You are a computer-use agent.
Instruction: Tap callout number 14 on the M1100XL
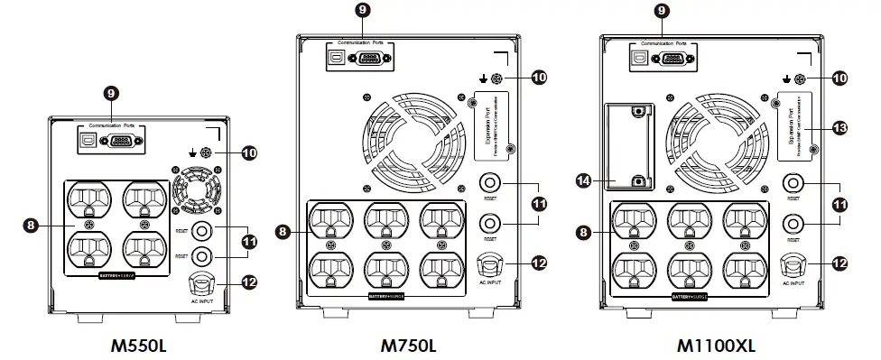582,180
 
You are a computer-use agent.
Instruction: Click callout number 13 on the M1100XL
839,129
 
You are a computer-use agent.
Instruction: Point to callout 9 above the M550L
110,93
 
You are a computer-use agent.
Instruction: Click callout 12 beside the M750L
538,263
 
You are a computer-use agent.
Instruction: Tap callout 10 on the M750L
538,78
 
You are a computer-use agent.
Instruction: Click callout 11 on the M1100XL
839,206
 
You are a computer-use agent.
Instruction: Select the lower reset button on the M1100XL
793,222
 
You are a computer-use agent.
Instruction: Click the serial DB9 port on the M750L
371,59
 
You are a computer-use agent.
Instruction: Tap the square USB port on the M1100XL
640,59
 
